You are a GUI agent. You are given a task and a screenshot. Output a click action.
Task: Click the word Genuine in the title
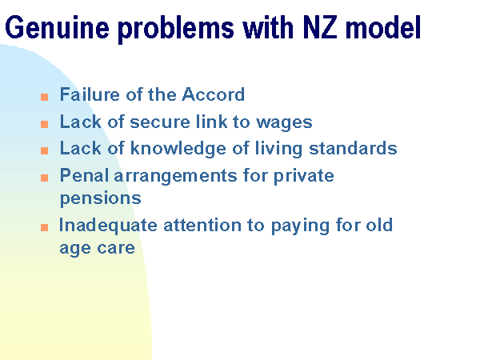[58, 27]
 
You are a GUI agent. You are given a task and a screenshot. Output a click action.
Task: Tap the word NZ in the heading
[320, 27]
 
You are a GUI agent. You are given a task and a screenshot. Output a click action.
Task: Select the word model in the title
[383, 27]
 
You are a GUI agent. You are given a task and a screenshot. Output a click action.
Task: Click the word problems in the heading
[176, 30]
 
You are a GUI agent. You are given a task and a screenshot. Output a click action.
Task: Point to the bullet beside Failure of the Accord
[44, 98]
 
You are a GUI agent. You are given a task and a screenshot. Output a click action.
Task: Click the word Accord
[214, 94]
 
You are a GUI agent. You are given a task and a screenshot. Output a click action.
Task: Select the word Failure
[90, 94]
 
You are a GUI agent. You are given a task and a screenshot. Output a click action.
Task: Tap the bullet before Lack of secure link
[44, 124]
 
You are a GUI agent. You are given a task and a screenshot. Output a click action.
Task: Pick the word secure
[160, 122]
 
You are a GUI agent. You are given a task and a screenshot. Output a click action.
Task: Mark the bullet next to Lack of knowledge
[44, 150]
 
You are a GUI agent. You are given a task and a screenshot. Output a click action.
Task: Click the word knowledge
[178, 149]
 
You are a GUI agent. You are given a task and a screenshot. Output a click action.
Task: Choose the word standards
[353, 148]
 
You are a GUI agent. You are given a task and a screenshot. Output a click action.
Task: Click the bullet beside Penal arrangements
[44, 178]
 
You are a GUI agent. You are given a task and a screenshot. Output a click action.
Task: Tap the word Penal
[84, 175]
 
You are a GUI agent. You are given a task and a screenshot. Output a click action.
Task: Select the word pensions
[101, 199]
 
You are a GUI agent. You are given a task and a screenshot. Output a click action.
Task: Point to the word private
[304, 176]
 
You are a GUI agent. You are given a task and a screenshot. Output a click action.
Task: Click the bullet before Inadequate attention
[44, 227]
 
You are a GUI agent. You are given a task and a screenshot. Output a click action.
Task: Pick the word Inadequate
[108, 226]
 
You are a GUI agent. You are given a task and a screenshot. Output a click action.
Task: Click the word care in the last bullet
[116, 248]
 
